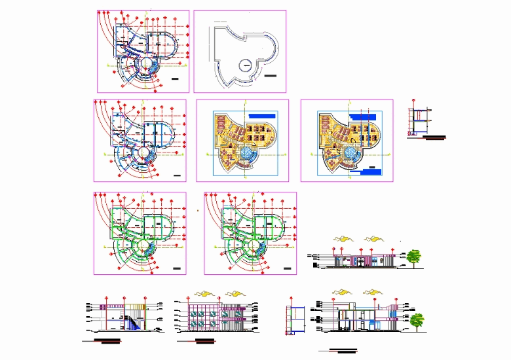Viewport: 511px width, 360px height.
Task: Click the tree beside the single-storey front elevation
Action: (413, 257)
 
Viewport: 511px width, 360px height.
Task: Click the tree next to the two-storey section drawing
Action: (417, 321)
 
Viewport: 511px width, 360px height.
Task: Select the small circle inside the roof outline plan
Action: (245, 64)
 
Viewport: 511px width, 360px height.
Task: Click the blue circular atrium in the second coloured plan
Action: (351, 154)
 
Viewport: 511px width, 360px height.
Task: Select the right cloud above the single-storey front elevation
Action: (373, 238)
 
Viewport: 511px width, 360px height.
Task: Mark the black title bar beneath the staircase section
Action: (109, 340)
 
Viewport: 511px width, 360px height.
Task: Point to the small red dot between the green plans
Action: (198, 211)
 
